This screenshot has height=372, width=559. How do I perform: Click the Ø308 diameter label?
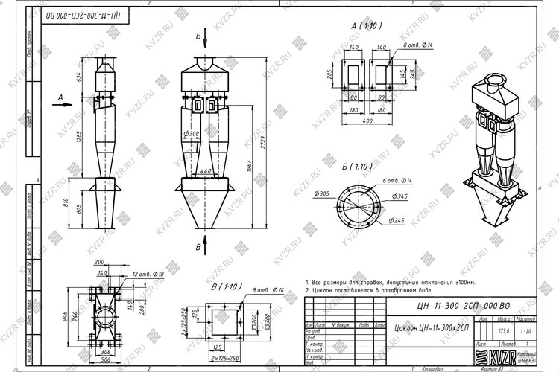pos(192,134)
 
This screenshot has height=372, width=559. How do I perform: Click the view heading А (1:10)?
pos(366,25)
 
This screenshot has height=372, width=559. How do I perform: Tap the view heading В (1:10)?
pos(225,286)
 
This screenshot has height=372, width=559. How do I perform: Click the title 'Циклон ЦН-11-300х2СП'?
pos(432,328)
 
